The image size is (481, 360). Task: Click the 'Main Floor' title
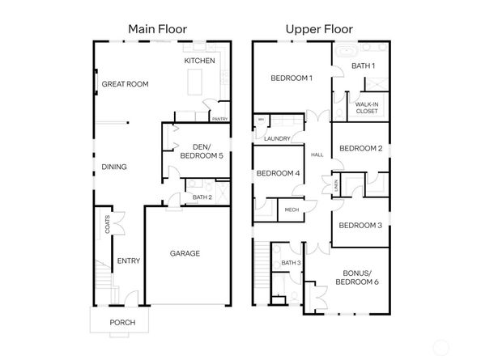pos(158,29)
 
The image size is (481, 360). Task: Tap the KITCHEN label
pos(199,61)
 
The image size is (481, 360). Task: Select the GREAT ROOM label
pos(126,83)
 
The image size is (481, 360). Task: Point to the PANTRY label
pos(219,119)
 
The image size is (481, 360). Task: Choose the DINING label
pos(114,167)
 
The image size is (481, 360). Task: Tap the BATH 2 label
pos(202,197)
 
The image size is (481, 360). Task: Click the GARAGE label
pos(185,253)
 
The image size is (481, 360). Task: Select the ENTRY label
pos(129,260)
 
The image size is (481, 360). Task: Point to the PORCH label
pos(122,323)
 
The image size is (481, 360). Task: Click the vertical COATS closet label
pos(107,224)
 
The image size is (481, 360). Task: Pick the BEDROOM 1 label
pos(292,78)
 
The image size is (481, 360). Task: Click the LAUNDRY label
pos(277,138)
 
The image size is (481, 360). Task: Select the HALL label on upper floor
pos(317,155)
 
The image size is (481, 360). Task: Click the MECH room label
pos(290,210)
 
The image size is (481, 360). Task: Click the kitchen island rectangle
pos(195,81)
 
